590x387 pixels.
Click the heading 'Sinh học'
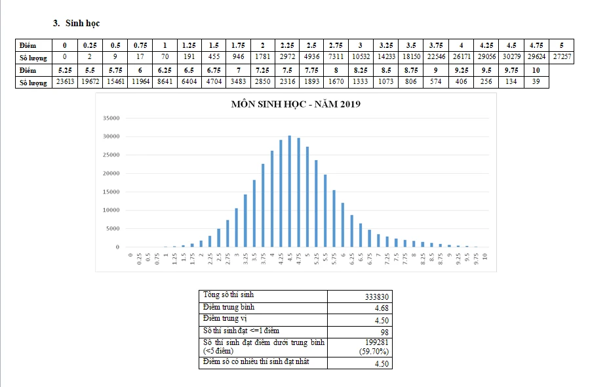coord(83,24)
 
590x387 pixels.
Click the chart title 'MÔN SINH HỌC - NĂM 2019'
coord(296,104)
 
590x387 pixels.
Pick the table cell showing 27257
coord(562,57)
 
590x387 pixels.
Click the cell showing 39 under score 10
coord(536,83)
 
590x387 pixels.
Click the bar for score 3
coord(237,228)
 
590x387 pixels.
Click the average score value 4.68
coord(381,308)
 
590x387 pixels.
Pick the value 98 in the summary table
coord(383,331)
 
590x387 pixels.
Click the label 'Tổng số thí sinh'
coord(229,295)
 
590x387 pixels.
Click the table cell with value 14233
coord(386,57)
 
